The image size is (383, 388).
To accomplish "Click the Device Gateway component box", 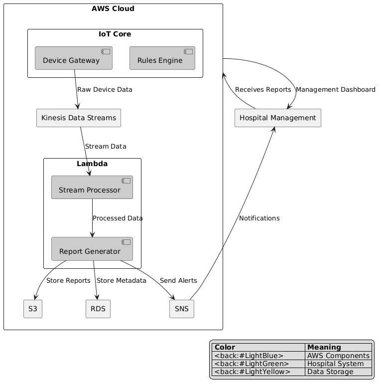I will (74, 58).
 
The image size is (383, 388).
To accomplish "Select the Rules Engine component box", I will (162, 58).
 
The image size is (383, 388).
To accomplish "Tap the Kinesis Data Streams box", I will (79, 118).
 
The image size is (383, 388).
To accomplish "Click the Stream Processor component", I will (92, 188).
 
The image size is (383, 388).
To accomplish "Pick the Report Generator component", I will (92, 249).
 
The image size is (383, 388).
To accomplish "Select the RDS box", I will (98, 309).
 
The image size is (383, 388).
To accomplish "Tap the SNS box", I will (181, 309).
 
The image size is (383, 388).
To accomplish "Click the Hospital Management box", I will (277, 118).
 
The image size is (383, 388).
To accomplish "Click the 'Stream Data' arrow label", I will (106, 146).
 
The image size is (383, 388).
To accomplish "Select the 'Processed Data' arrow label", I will (118, 218).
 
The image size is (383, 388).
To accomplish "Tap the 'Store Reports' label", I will (68, 281).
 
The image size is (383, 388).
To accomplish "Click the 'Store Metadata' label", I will (122, 281).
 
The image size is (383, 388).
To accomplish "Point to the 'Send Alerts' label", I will (178, 281).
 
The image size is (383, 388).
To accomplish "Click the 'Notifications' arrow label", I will (259, 218).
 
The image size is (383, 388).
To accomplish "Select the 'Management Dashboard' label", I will (335, 90).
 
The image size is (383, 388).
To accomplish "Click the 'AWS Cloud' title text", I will (113, 8).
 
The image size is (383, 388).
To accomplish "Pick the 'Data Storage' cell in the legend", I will (330, 372).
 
